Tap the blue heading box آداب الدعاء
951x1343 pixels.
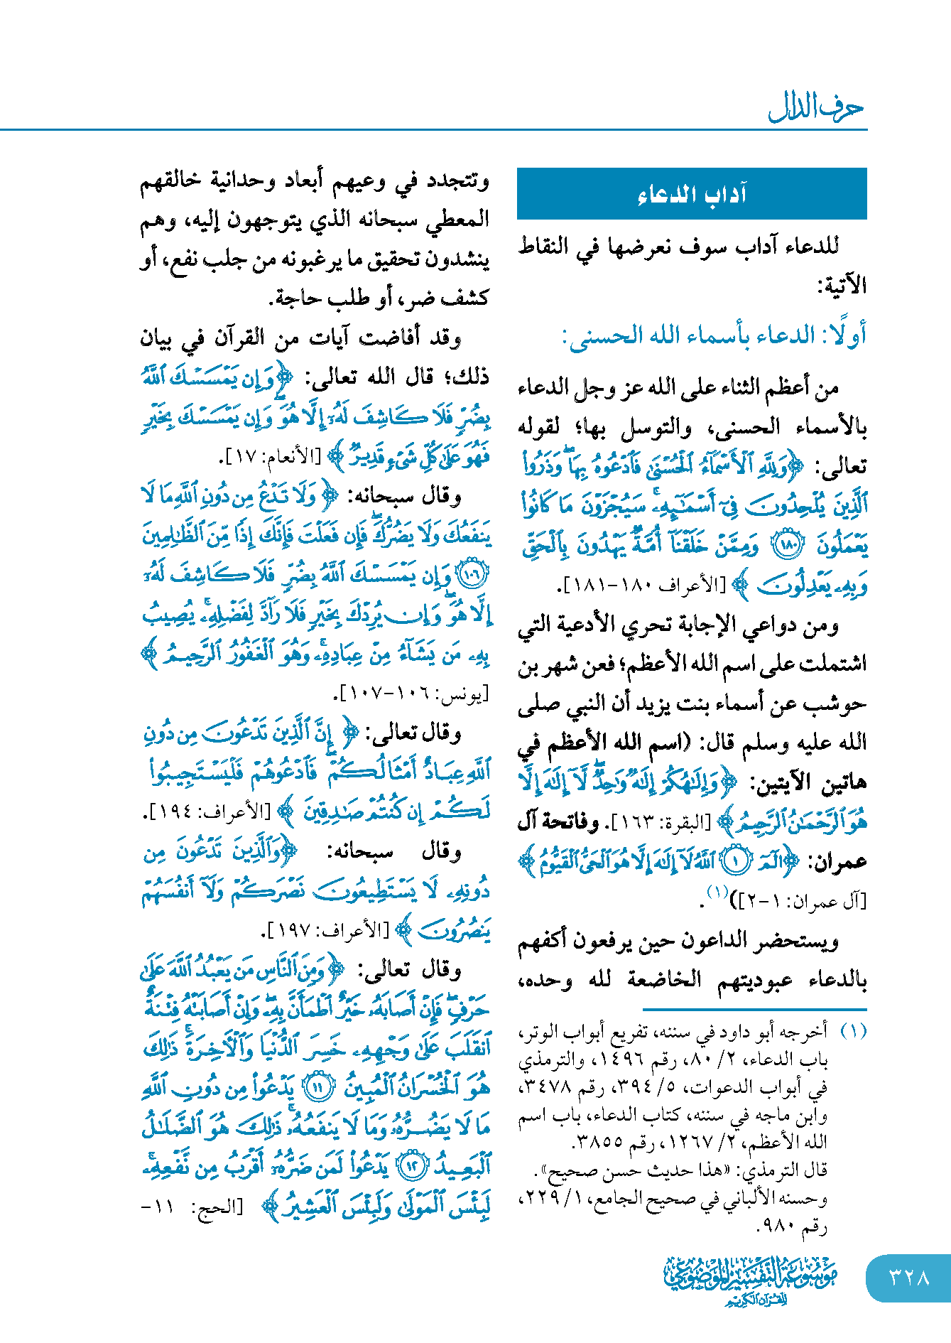pyautogui.click(x=692, y=193)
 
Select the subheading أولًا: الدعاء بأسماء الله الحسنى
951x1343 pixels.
pyautogui.click(x=714, y=335)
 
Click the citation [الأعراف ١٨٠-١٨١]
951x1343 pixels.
pyautogui.click(x=643, y=586)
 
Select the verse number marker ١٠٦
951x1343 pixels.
pyautogui.click(x=472, y=574)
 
